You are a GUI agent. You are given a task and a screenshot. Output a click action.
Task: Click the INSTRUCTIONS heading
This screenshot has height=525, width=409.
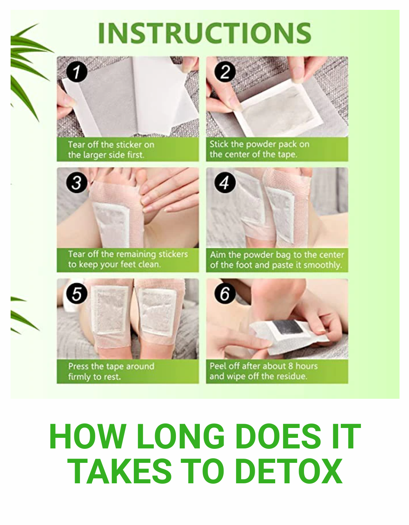[205, 33]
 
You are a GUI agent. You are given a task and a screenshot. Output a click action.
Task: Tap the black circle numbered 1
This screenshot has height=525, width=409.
[77, 72]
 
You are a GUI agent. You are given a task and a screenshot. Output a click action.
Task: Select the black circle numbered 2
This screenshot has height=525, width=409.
[225, 72]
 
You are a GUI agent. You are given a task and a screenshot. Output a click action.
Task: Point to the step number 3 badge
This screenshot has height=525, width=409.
[77, 182]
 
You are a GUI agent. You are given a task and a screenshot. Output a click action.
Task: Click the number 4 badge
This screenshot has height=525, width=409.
[225, 182]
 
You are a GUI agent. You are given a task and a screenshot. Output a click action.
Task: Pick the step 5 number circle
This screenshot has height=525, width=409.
[77, 293]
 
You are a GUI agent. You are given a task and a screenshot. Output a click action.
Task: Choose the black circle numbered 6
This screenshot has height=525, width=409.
[225, 293]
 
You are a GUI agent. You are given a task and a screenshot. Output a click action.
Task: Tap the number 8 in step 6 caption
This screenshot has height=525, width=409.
[291, 366]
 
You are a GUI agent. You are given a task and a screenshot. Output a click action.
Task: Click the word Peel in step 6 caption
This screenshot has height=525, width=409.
[218, 366]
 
